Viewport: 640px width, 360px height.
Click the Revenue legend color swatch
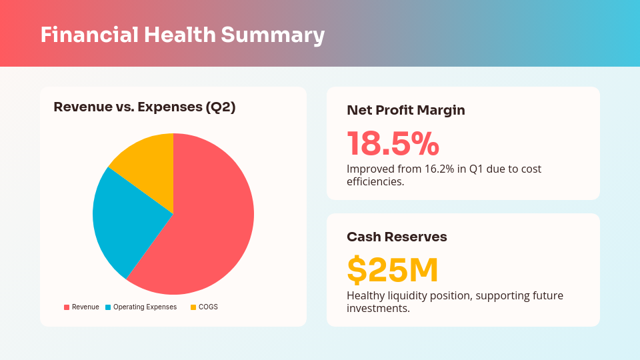67,307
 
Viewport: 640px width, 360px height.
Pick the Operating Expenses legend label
145,307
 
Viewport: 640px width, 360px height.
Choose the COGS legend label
208,307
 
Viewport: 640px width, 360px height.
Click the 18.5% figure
393,143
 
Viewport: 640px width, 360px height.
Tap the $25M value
393,270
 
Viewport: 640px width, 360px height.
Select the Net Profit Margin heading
406,111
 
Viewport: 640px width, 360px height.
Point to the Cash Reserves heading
397,237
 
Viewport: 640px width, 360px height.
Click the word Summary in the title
273,35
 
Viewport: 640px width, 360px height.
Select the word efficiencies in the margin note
375,181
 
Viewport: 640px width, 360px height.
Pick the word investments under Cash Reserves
377,308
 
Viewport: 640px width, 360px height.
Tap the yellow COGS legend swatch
193,307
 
